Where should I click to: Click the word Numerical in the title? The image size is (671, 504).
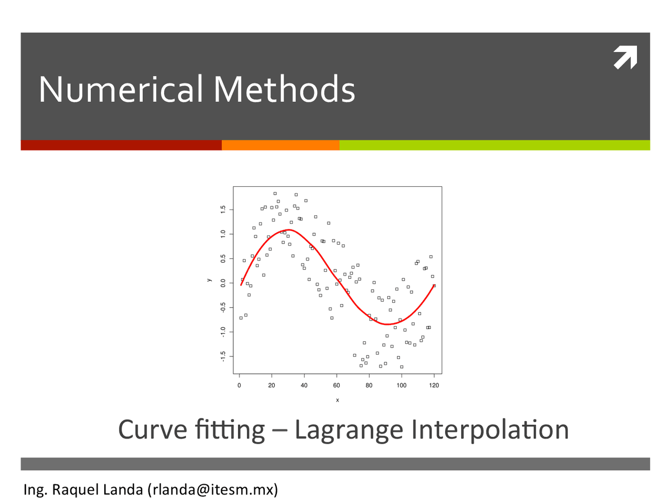point(121,89)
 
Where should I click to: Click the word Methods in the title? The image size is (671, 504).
point(284,89)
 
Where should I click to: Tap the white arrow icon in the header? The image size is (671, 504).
point(625,57)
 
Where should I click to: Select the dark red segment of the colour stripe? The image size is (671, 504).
point(121,145)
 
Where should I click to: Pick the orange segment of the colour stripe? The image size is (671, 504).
point(280,145)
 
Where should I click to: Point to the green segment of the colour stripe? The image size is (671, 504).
point(495,145)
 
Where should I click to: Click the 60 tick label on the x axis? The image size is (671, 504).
point(336,385)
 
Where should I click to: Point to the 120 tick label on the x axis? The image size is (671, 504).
point(434,385)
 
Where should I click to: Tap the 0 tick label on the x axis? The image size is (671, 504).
point(239,385)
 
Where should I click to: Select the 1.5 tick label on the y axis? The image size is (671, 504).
point(223,209)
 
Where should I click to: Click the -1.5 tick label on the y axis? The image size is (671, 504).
point(223,356)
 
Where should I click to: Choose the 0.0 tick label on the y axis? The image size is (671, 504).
point(223,283)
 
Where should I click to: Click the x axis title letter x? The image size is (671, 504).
point(338,400)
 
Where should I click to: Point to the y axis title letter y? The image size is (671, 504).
point(209,280)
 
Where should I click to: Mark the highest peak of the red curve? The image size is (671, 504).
point(288,229)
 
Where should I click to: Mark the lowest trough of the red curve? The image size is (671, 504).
point(387,324)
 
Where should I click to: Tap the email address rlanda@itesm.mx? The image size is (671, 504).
point(213,490)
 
